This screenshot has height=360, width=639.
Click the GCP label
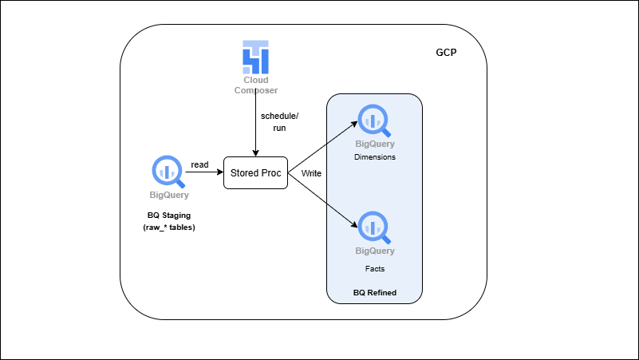(447, 52)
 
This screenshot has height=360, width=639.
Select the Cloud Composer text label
(255, 85)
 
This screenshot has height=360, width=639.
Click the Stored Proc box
(255, 173)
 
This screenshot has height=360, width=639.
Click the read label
(199, 164)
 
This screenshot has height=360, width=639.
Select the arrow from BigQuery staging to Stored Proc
(204, 173)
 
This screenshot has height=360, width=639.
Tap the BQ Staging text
(169, 216)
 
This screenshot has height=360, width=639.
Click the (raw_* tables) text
(169, 227)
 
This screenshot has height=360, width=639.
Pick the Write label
(311, 173)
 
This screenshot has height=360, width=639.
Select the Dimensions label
(375, 157)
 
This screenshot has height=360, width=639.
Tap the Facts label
(375, 269)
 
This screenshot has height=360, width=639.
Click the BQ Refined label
(375, 293)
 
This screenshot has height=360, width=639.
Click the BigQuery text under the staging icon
(169, 194)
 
